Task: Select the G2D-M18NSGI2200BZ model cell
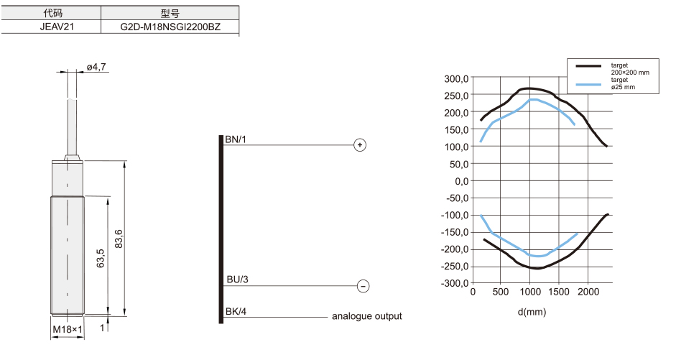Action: point(170,27)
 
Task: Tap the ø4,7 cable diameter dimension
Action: point(96,68)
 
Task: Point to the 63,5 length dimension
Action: point(101,258)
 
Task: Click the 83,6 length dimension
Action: point(119,239)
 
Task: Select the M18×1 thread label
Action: point(68,329)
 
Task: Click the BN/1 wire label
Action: point(236,139)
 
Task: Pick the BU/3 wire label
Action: point(238,280)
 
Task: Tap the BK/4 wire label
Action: point(236,311)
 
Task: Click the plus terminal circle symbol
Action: point(360,145)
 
